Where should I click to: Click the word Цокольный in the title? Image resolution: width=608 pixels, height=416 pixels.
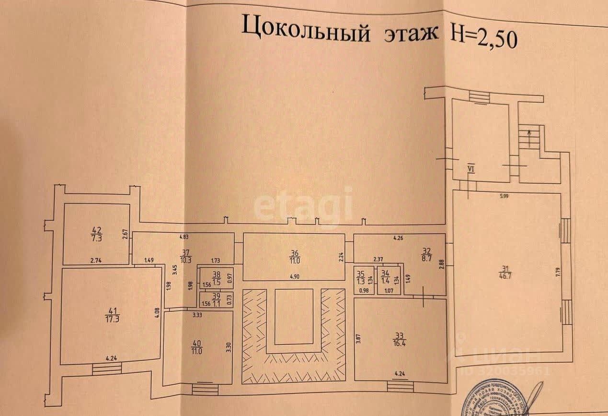(x=306, y=29)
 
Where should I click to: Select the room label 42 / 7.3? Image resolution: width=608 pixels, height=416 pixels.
(x=96, y=233)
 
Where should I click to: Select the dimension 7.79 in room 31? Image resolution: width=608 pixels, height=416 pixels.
(x=558, y=275)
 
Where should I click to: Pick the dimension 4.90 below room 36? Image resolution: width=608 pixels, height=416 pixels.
(x=294, y=276)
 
